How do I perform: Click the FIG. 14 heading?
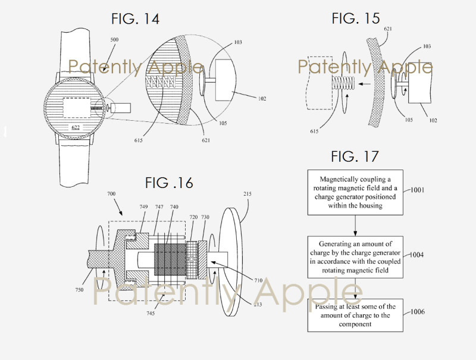pyautogui.click(x=135, y=19)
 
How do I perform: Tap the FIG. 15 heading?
pyautogui.click(x=355, y=18)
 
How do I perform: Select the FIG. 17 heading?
pyautogui.click(x=355, y=156)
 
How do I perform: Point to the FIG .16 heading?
pyautogui.click(x=169, y=183)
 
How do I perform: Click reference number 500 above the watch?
pyautogui.click(x=114, y=40)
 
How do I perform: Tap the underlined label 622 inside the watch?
pyautogui.click(x=76, y=127)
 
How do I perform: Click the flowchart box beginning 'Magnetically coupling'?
pyautogui.click(x=355, y=192)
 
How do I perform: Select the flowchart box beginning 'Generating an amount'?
pyautogui.click(x=355, y=257)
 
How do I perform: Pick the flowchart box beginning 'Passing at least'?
pyautogui.click(x=355, y=315)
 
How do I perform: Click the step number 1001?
pyautogui.click(x=418, y=190)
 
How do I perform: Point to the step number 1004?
pyautogui.click(x=416, y=255)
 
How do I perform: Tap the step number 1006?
pyautogui.click(x=418, y=312)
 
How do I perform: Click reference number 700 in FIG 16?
pyautogui.click(x=111, y=193)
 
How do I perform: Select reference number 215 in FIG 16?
pyautogui.click(x=248, y=193)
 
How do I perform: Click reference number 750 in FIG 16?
pyautogui.click(x=79, y=290)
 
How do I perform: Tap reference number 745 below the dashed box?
pyautogui.click(x=151, y=313)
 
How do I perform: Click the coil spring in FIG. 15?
pyautogui.click(x=343, y=83)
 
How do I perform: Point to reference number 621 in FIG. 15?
pyautogui.click(x=388, y=29)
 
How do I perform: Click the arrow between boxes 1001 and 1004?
pyautogui.click(x=355, y=226)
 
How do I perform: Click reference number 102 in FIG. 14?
pyautogui.click(x=262, y=99)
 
